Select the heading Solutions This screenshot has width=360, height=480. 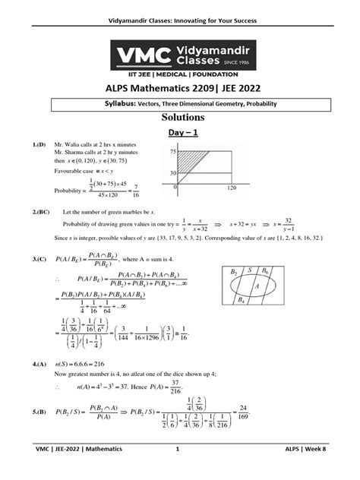[x=180, y=118]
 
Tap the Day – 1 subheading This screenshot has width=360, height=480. [x=180, y=134]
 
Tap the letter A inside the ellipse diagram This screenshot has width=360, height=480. [x=257, y=287]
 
